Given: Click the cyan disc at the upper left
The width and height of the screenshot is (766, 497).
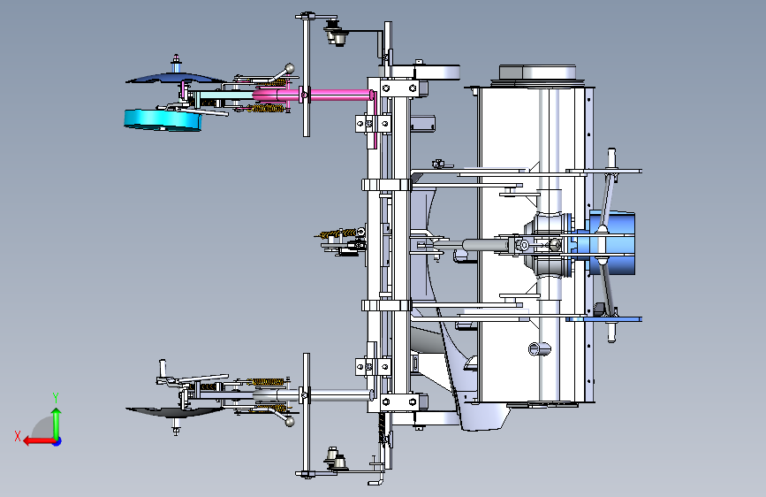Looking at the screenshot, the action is pos(163,120).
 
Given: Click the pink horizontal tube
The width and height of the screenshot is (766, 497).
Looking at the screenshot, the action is pos(313,95).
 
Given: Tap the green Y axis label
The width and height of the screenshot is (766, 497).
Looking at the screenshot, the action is pos(56,398).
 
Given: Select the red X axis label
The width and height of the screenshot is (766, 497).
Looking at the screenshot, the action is pos(18,436).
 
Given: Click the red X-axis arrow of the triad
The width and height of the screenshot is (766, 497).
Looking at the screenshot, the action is pos(39,441).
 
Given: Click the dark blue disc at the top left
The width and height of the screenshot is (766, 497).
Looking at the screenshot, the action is pos(176,78).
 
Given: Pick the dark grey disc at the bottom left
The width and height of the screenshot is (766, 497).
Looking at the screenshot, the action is pos(175,412).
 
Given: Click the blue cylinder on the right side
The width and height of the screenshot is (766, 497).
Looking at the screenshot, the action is pos(613,243).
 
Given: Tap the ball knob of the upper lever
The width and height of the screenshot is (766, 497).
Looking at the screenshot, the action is pos(290,67).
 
